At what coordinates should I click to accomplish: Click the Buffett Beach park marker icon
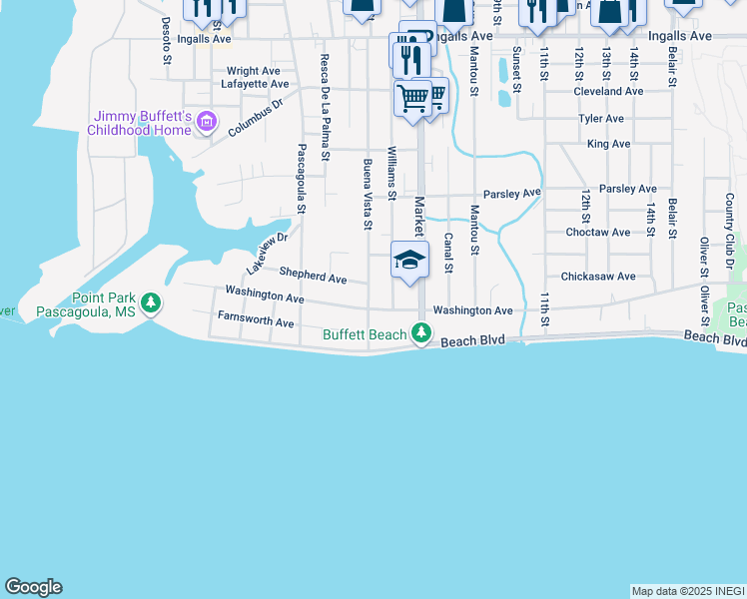pyautogui.click(x=422, y=332)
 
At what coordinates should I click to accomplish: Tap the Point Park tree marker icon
pyautogui.click(x=150, y=301)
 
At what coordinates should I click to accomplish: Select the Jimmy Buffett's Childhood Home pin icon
pyautogui.click(x=207, y=123)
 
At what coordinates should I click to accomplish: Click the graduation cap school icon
pyautogui.click(x=409, y=260)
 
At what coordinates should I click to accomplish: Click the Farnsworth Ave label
pyautogui.click(x=256, y=322)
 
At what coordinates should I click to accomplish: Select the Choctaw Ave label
pyautogui.click(x=598, y=233)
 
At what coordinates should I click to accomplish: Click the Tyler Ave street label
pyautogui.click(x=601, y=119)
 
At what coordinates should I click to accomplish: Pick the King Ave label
pyautogui.click(x=608, y=144)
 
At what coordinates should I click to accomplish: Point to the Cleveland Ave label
pyautogui.click(x=607, y=91)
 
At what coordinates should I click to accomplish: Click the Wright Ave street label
pyautogui.click(x=253, y=71)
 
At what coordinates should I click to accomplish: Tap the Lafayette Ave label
pyautogui.click(x=254, y=86)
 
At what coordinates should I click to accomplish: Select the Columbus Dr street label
pyautogui.click(x=256, y=117)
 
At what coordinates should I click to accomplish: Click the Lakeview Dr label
pyautogui.click(x=267, y=254)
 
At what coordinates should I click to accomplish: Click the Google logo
pyautogui.click(x=33, y=587)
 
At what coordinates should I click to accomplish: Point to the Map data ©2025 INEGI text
pyautogui.click(x=687, y=591)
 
